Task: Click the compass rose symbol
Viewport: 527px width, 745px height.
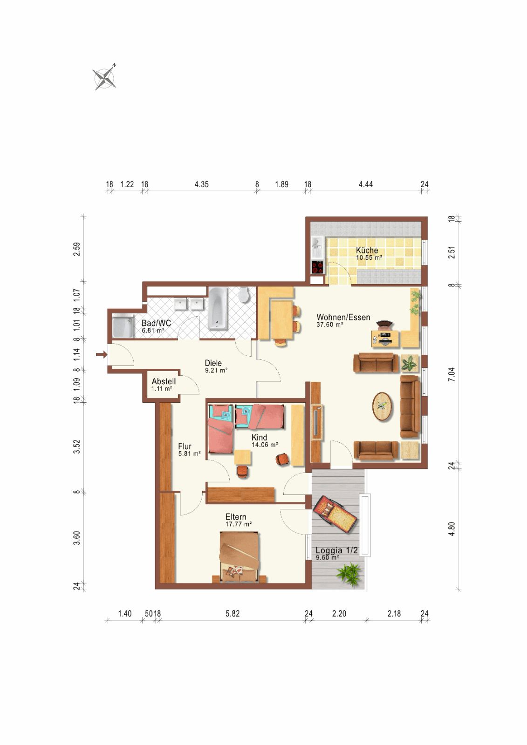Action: (x=105, y=77)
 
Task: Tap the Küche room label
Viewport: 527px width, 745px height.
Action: (x=367, y=250)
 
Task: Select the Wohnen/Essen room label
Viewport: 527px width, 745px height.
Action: (x=343, y=317)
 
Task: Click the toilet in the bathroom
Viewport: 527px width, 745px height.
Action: (x=245, y=295)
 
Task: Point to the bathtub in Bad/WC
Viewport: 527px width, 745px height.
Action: (x=218, y=309)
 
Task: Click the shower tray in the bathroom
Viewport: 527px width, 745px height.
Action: (x=123, y=327)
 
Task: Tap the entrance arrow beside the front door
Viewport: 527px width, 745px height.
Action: (x=102, y=355)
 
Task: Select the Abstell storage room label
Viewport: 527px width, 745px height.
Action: (x=164, y=381)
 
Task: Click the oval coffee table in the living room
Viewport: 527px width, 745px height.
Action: (x=382, y=406)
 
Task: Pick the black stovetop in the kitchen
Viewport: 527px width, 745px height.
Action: (x=318, y=267)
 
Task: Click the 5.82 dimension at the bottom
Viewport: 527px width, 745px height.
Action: (x=233, y=613)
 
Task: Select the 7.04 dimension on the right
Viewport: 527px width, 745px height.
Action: (x=452, y=374)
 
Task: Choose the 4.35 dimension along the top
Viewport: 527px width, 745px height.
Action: (x=201, y=184)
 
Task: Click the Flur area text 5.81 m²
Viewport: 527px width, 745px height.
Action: (x=190, y=454)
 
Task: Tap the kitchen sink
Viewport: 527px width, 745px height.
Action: (x=317, y=247)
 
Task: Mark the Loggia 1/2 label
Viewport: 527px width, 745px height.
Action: (x=336, y=550)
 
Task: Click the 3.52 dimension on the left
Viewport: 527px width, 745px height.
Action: (x=77, y=447)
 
